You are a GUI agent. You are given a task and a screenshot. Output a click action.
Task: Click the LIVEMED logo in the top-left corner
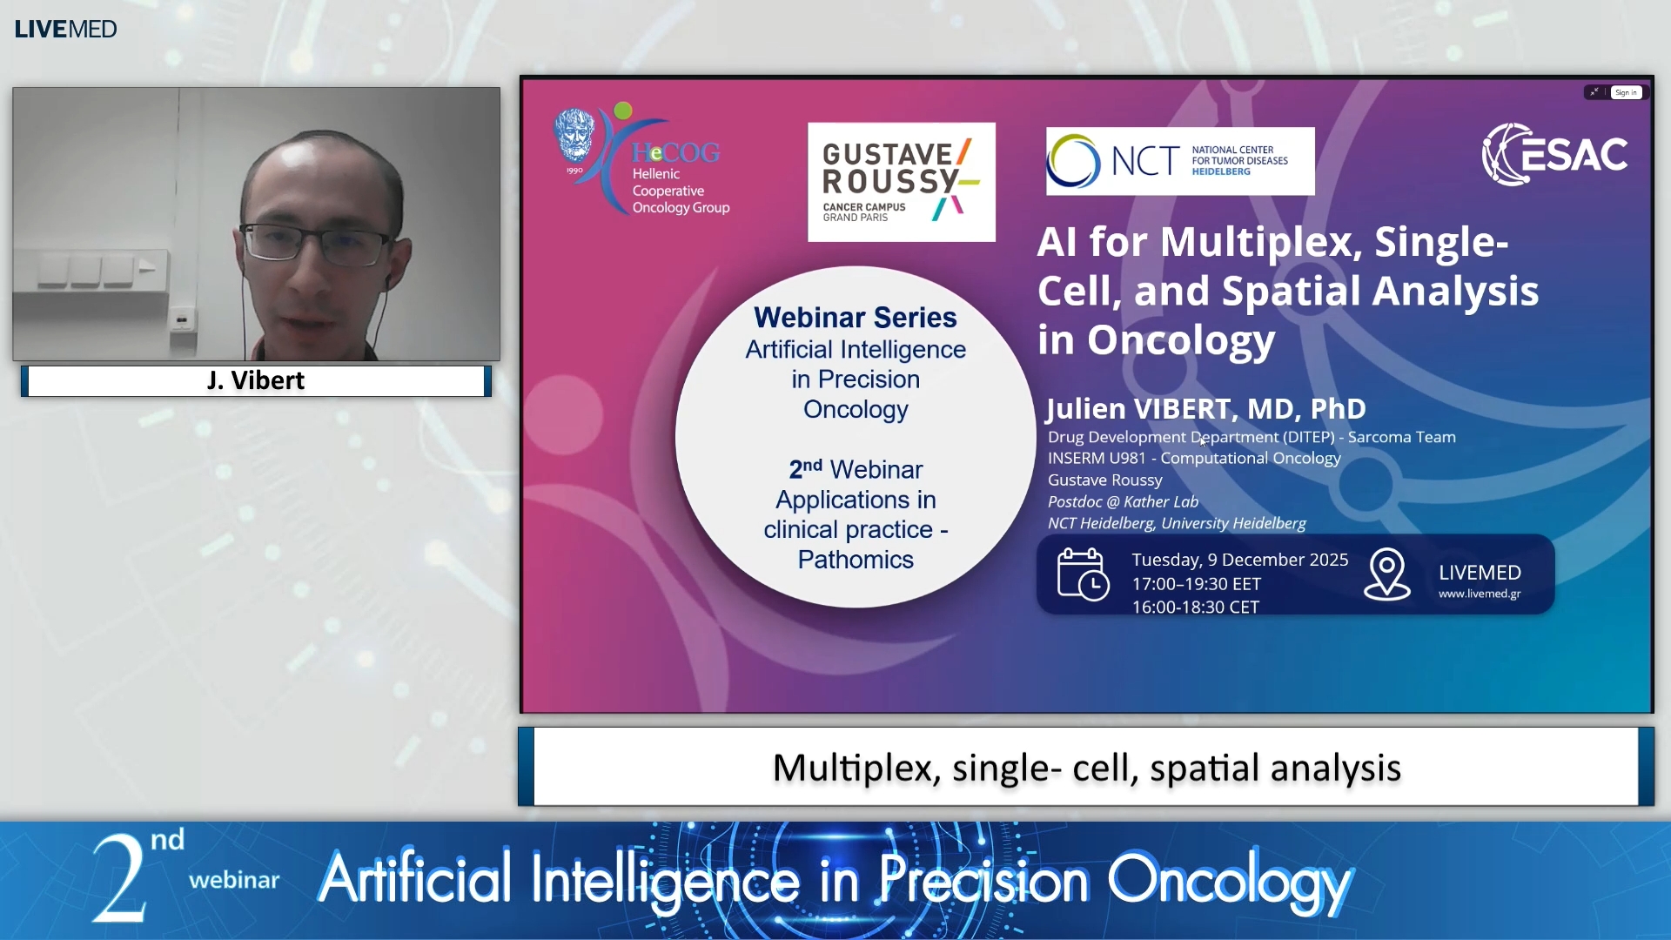[x=65, y=29]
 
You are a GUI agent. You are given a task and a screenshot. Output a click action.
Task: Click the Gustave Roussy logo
[x=901, y=182]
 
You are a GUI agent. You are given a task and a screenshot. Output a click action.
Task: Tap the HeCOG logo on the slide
[x=642, y=162]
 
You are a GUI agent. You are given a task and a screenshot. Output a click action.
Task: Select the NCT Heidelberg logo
[x=1179, y=161]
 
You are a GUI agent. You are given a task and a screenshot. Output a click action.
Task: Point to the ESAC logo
[x=1554, y=154]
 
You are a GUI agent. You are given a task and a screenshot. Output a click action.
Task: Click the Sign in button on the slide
[x=1625, y=92]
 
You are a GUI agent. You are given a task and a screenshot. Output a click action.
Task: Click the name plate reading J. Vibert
[x=256, y=380]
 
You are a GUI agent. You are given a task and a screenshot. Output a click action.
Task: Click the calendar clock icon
[x=1082, y=574]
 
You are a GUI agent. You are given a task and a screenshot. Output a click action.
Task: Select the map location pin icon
[x=1386, y=574]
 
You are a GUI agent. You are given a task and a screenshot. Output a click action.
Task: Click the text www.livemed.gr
[x=1479, y=594]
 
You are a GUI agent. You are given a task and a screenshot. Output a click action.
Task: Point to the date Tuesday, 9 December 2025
[x=1239, y=560]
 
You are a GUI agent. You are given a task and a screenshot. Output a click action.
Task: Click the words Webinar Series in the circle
[x=855, y=318]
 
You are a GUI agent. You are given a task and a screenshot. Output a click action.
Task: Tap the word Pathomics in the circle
[x=855, y=560]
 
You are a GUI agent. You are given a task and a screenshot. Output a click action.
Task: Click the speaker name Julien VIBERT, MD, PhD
[x=1205, y=408]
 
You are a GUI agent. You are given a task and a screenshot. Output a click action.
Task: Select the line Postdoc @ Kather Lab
[x=1123, y=501]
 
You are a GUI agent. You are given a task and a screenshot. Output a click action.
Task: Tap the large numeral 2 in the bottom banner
[x=120, y=879]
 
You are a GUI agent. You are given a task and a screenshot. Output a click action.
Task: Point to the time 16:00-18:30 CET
[x=1195, y=608]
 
